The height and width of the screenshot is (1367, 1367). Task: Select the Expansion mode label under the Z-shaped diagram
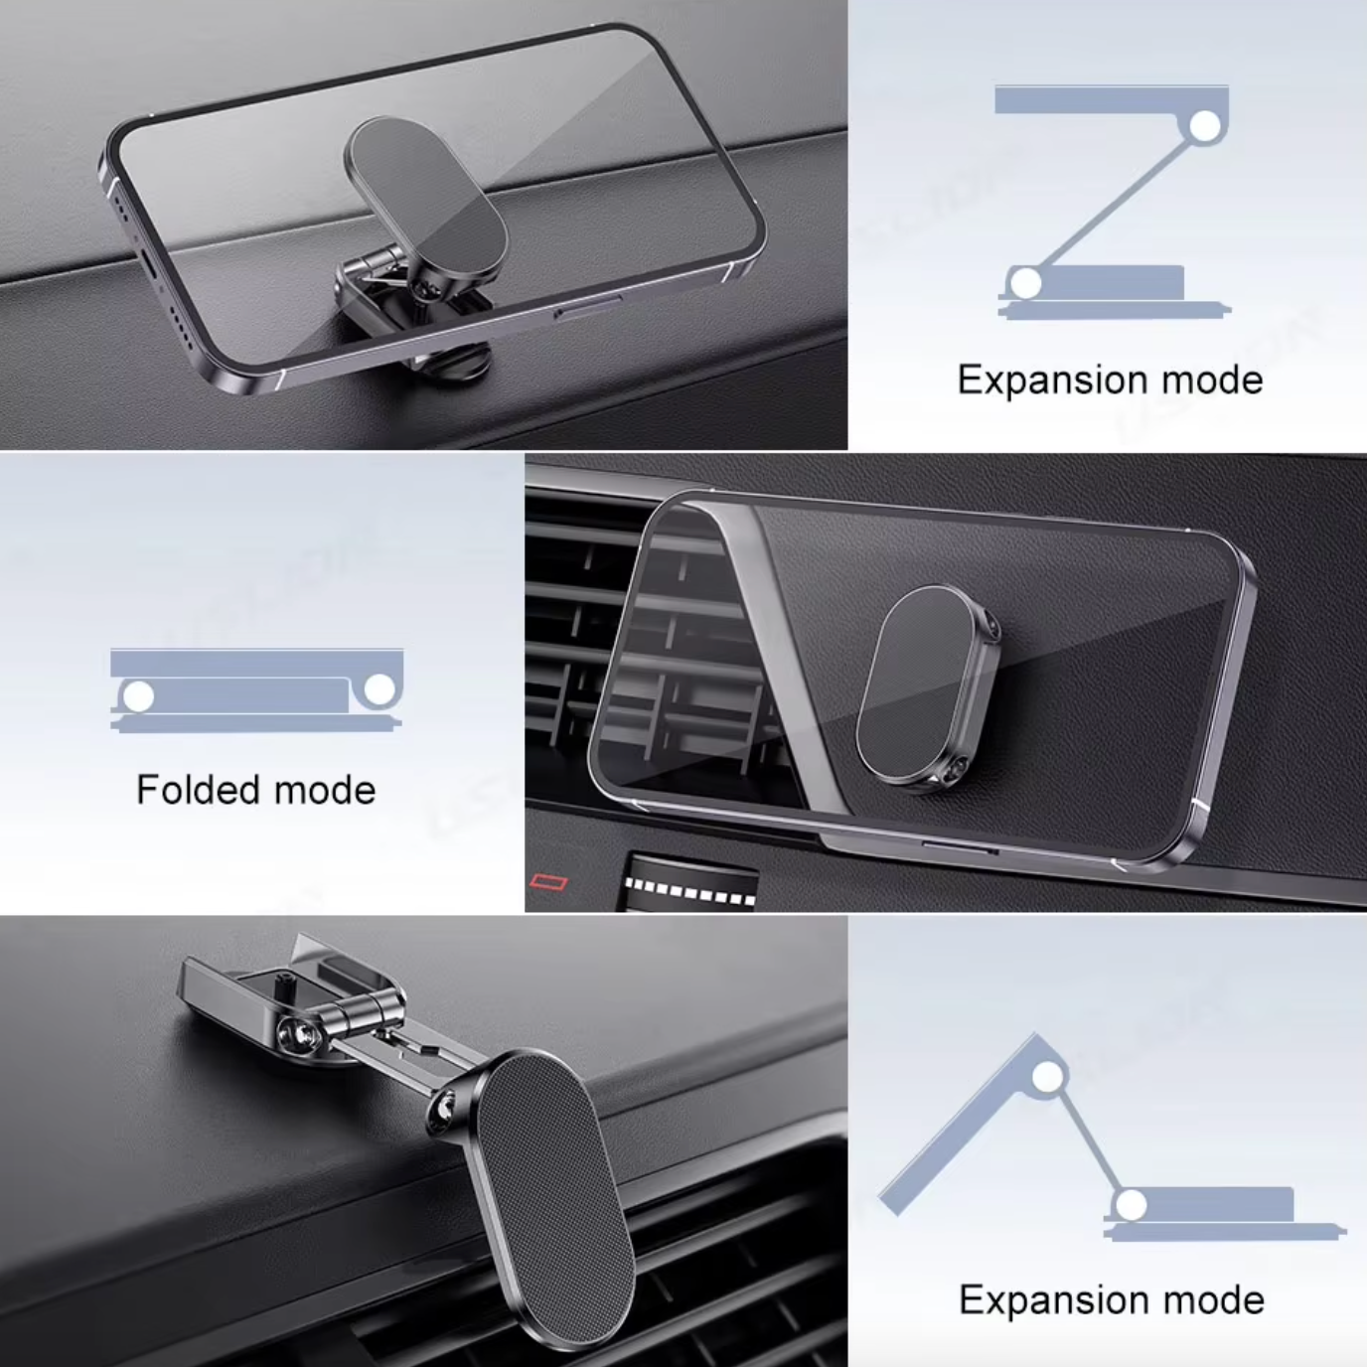[1111, 380]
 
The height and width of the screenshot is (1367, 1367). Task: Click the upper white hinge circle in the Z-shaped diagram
[1204, 126]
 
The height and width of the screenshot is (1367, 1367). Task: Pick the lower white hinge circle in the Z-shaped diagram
[1025, 284]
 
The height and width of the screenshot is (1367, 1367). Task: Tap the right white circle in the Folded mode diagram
[380, 688]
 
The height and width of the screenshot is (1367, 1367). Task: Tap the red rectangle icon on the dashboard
[549, 882]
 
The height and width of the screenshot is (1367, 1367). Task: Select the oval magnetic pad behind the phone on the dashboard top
[425, 200]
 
